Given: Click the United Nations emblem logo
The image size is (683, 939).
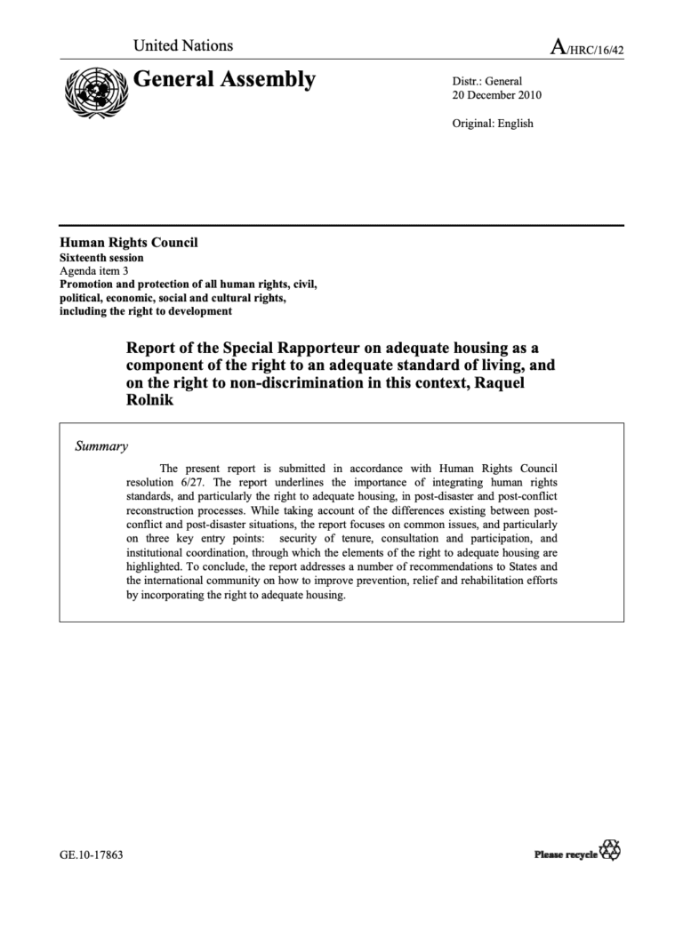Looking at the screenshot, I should [x=92, y=91].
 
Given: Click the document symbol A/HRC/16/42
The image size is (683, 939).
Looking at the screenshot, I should [x=587, y=48].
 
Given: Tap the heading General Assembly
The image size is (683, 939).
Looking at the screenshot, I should [x=224, y=80].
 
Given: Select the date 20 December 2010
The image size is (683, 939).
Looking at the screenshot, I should [x=497, y=95].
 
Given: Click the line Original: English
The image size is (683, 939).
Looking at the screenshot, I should [x=494, y=124].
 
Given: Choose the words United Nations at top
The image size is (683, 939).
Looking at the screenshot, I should [x=183, y=45].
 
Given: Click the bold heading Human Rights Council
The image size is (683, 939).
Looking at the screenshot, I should [x=129, y=243].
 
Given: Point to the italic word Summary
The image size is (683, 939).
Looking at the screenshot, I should [x=101, y=446].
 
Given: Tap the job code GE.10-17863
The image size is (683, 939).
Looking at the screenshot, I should [x=91, y=855].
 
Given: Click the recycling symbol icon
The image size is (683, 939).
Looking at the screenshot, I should [x=611, y=851].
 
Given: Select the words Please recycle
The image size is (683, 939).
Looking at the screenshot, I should [x=566, y=855].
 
